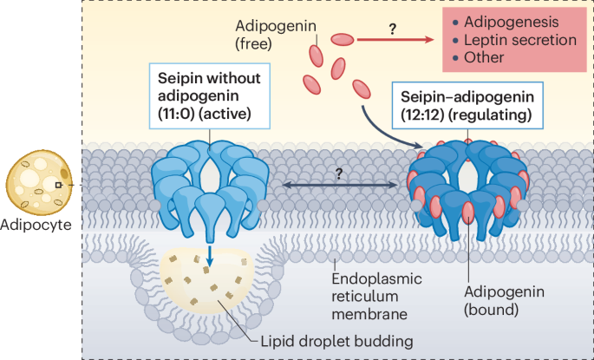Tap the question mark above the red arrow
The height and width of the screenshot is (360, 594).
pyautogui.click(x=392, y=28)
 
